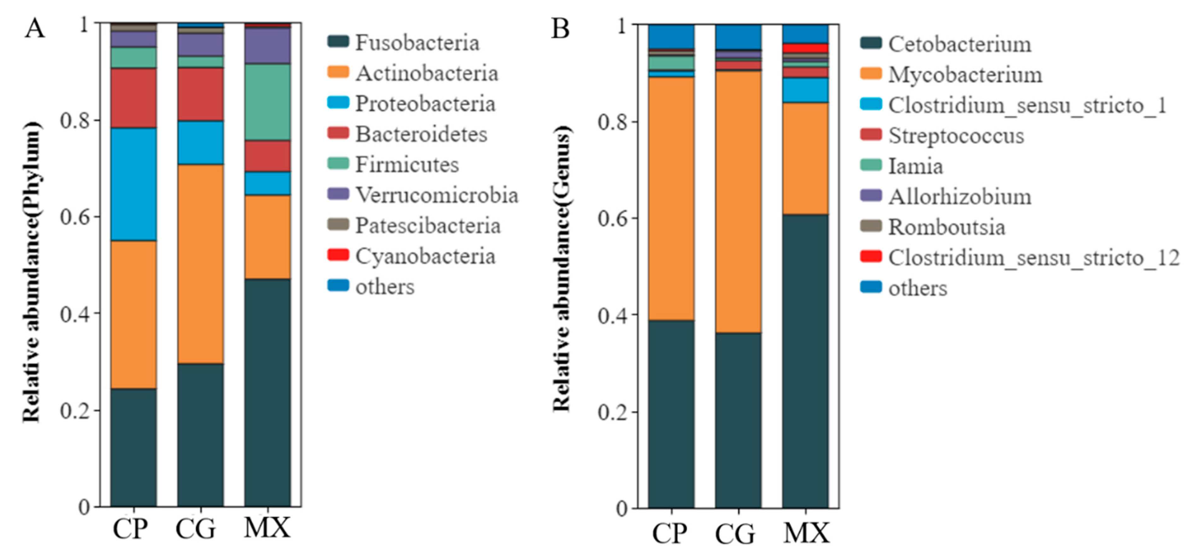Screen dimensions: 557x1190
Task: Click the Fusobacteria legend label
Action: pos(417,43)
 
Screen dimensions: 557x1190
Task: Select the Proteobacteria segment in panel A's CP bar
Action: pos(133,184)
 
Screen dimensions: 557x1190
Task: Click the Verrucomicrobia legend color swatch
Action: pos(338,194)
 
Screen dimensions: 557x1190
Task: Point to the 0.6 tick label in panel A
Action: pos(76,217)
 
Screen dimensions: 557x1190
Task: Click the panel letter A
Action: pos(35,29)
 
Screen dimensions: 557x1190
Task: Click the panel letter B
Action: pos(560,29)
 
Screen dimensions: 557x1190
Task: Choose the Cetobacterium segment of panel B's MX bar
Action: pos(805,361)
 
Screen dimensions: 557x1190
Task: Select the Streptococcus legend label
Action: pos(956,136)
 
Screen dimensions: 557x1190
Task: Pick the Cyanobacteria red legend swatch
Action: pos(338,255)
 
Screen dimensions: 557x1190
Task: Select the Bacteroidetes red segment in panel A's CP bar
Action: pos(133,98)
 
